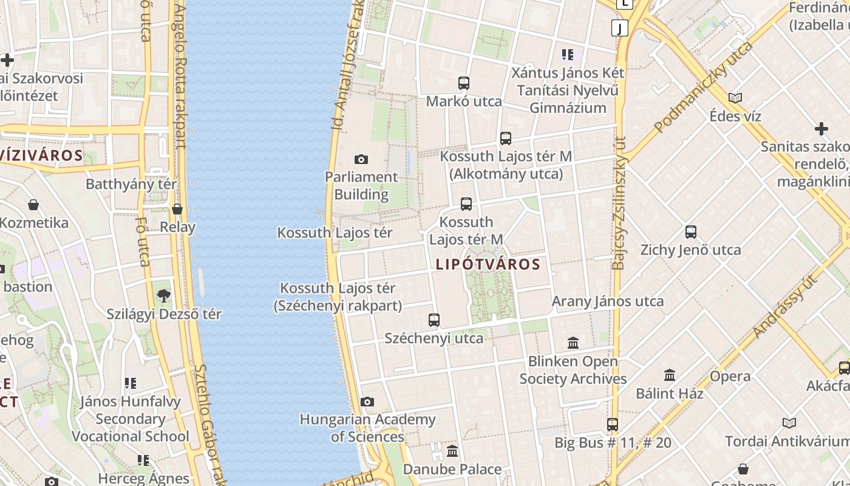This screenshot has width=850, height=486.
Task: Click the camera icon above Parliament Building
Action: pos(361,160)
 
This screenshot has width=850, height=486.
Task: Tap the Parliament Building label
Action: pos(361,186)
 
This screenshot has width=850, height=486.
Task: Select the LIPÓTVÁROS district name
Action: pos(488,264)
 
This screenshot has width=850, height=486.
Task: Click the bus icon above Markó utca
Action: pos(464,83)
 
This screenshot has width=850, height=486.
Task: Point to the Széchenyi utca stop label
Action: pos(434,338)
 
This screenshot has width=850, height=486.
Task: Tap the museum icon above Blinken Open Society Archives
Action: pos(573,343)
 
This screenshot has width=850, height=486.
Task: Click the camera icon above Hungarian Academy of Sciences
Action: pos(367,402)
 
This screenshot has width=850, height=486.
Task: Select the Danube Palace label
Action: pos(452,469)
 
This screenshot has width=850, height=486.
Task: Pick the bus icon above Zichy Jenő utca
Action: pos(691,232)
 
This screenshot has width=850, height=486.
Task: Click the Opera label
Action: pos(730,376)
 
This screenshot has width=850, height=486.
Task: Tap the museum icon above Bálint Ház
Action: pos(670,375)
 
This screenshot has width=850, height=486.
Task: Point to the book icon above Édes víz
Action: pos(735,98)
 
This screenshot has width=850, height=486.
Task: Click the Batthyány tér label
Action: pos(131,184)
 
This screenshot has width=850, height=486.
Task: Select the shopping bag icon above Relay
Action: pos(177,209)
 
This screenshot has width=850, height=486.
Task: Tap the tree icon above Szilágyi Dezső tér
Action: pos(163,296)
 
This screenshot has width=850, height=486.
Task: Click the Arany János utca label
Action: pos(607,301)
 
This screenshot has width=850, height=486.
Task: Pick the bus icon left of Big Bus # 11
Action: pos(613,425)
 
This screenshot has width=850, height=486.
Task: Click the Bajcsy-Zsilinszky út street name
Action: pos(619,203)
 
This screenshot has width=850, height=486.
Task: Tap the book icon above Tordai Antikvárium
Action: pos(789,423)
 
